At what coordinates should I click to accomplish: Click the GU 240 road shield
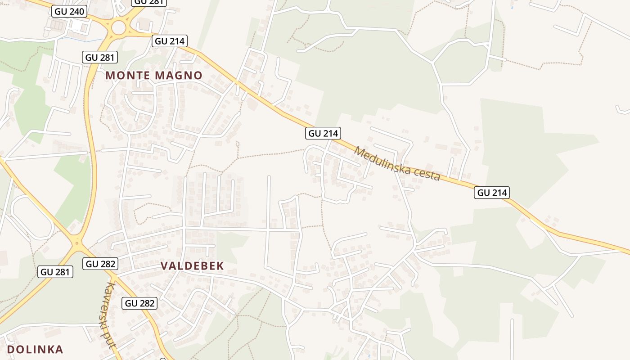(x=69, y=11)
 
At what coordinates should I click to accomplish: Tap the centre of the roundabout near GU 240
(x=119, y=27)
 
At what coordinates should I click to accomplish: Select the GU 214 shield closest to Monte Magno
(x=169, y=41)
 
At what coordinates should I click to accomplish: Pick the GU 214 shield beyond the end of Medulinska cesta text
(x=492, y=193)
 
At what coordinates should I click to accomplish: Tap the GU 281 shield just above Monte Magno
(x=100, y=57)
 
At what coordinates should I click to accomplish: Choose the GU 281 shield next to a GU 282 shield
(x=55, y=272)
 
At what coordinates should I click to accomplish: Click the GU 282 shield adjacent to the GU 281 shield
(x=100, y=264)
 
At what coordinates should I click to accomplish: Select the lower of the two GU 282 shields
(x=140, y=303)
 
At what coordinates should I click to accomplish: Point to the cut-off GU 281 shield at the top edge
(x=149, y=2)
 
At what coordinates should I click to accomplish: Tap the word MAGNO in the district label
(x=179, y=76)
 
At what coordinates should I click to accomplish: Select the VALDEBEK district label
(x=192, y=266)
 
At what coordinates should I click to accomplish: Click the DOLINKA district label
(x=35, y=349)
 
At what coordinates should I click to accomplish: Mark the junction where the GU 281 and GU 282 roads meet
(x=77, y=243)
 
